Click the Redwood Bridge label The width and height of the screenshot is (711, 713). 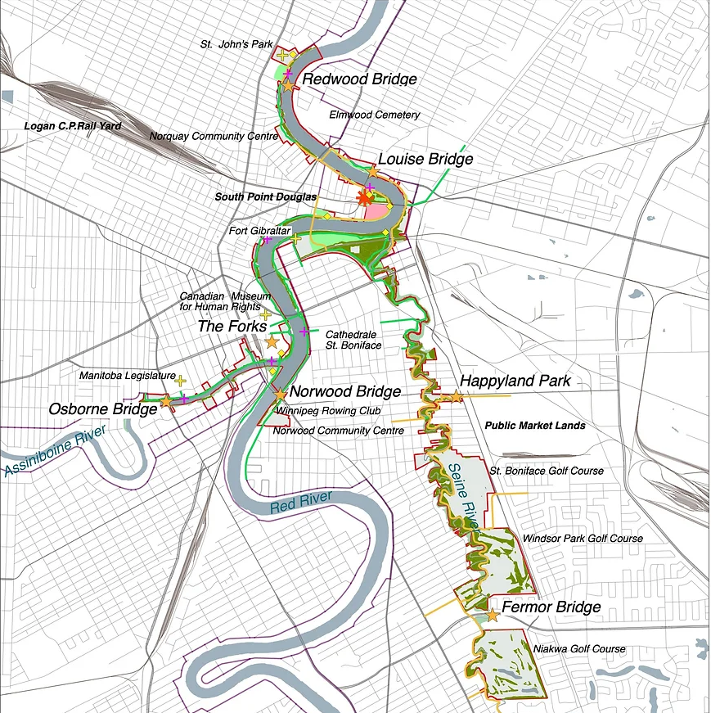pyautogui.click(x=360, y=79)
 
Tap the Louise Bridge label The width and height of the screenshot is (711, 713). pyautogui.click(x=425, y=159)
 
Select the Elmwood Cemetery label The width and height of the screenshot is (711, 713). pyautogui.click(x=375, y=115)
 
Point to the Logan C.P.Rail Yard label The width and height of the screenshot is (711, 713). pyautogui.click(x=73, y=126)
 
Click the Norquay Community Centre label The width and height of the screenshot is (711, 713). pyautogui.click(x=214, y=136)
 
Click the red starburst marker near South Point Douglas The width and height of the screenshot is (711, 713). pyautogui.click(x=365, y=199)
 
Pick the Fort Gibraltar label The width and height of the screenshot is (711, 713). pyautogui.click(x=254, y=231)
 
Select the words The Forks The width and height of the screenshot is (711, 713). pyautogui.click(x=232, y=326)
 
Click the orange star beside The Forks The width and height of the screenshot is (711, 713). pyautogui.click(x=272, y=342)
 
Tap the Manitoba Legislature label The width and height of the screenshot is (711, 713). pyautogui.click(x=127, y=376)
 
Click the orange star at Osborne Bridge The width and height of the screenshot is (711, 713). pyautogui.click(x=166, y=401)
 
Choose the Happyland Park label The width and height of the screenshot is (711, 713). pyautogui.click(x=515, y=381)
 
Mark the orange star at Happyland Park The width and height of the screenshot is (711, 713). pyautogui.click(x=457, y=397)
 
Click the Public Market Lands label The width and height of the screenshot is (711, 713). pyautogui.click(x=535, y=426)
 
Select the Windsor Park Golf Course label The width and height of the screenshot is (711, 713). pyautogui.click(x=583, y=539)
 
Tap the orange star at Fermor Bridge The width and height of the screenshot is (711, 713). pyautogui.click(x=492, y=615)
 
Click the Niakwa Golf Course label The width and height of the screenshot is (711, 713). pyautogui.click(x=579, y=649)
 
